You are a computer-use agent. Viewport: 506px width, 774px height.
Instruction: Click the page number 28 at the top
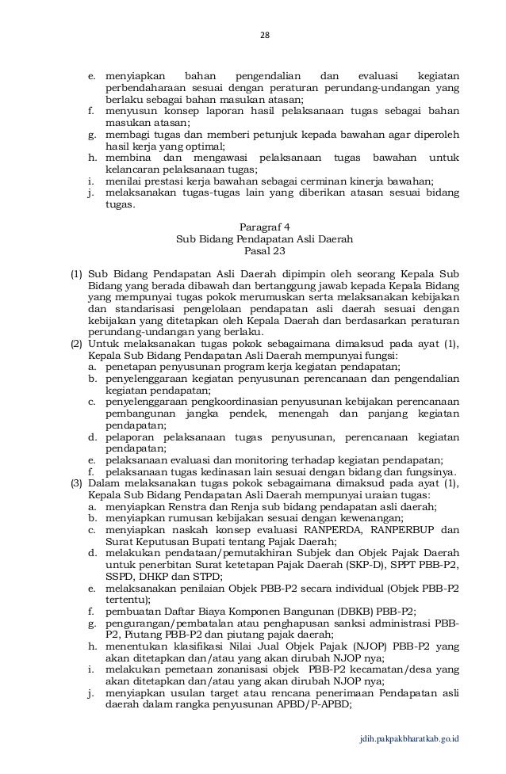click(x=266, y=34)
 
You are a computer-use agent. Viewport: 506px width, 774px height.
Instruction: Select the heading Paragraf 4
click(x=265, y=226)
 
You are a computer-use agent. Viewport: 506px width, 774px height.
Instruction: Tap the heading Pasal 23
click(x=265, y=251)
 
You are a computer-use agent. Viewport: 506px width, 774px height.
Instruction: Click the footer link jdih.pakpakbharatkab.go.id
click(x=408, y=739)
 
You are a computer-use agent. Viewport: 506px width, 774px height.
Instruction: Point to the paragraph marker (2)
click(x=77, y=345)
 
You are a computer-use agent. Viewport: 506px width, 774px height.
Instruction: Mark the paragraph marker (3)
click(x=77, y=484)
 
